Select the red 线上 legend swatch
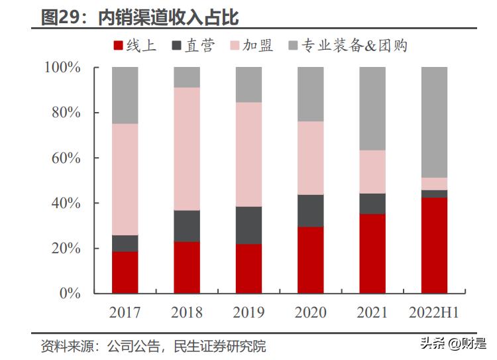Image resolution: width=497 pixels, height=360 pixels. (x=118, y=46)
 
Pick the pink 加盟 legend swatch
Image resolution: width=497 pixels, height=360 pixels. (x=234, y=46)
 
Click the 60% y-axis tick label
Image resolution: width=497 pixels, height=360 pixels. (x=66, y=158)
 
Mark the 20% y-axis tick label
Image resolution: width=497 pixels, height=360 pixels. (x=66, y=248)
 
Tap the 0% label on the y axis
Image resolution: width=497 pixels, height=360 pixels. (x=70, y=293)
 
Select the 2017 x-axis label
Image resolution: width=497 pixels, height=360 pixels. (x=125, y=312)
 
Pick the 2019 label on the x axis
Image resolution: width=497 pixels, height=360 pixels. (x=248, y=312)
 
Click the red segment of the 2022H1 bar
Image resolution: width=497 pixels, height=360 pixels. (x=434, y=245)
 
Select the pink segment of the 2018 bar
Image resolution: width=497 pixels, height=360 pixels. (x=186, y=149)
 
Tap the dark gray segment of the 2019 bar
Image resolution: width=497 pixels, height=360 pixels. (x=248, y=225)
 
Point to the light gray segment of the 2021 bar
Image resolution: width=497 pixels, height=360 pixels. (x=372, y=109)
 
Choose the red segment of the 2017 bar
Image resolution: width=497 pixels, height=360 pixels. (x=125, y=272)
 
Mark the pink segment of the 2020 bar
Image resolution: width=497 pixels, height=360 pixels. (x=310, y=158)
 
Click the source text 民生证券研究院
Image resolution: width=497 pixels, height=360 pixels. (x=219, y=346)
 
